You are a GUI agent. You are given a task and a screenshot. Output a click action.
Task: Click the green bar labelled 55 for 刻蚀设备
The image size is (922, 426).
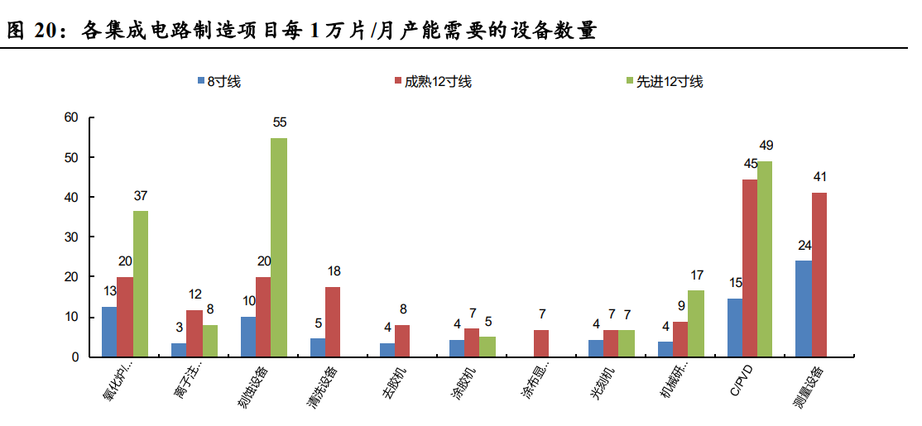pyautogui.click(x=279, y=247)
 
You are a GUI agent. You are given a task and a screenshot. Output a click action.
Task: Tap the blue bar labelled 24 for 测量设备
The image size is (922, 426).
pyautogui.click(x=804, y=309)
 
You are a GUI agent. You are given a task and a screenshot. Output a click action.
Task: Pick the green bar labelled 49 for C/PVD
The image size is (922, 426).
pyautogui.click(x=766, y=259)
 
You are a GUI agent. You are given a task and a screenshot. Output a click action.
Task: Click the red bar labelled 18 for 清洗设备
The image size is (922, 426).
pyautogui.click(x=333, y=322)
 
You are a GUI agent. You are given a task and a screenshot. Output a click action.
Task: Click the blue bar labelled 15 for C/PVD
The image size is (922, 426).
pyautogui.click(x=734, y=328)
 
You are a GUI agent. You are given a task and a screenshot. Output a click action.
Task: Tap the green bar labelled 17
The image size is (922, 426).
pyautogui.click(x=696, y=323)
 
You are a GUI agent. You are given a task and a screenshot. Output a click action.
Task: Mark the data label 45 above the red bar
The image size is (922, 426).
pyautogui.click(x=751, y=164)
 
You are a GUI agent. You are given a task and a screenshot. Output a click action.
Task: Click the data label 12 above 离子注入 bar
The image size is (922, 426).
pyautogui.click(x=194, y=294)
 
